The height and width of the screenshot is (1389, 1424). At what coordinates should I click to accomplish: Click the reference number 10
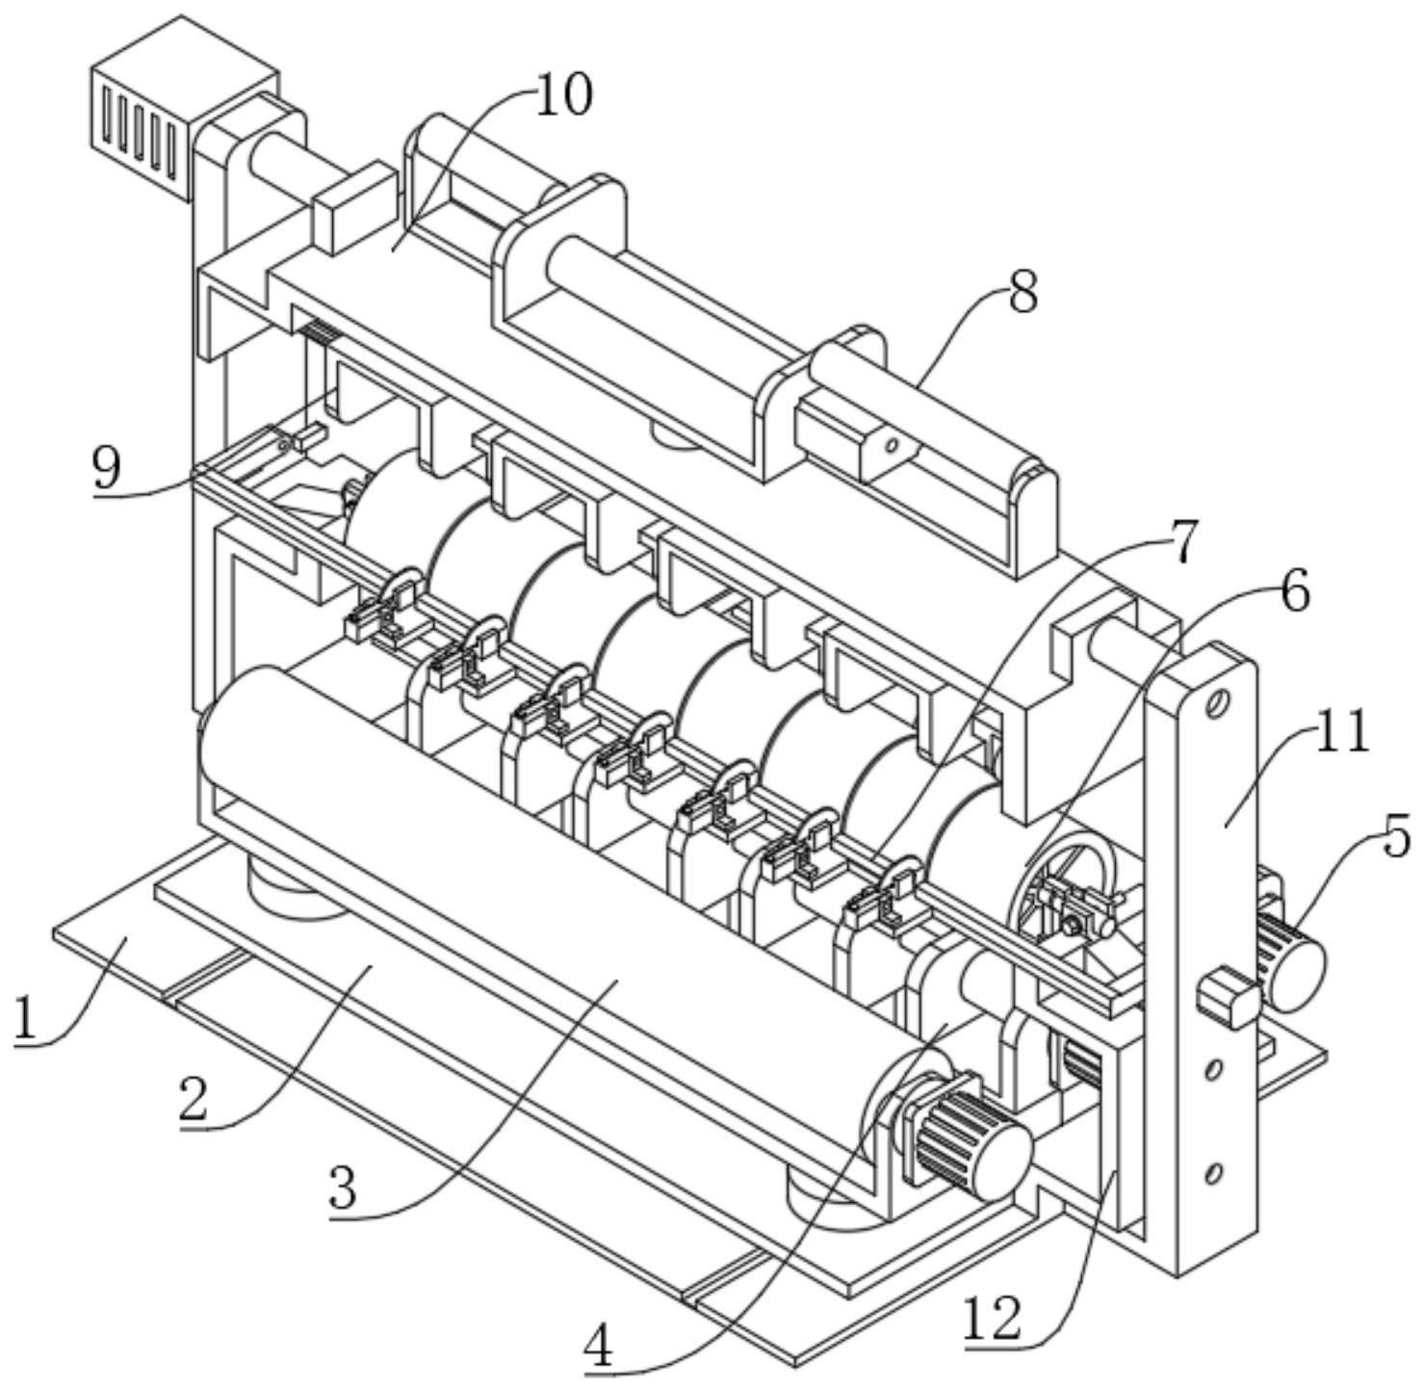(563, 95)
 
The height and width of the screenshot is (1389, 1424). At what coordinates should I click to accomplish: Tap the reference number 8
(1023, 291)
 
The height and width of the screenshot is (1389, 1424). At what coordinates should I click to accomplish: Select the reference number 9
(107, 469)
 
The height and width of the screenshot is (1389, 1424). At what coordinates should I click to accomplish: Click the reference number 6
(1295, 591)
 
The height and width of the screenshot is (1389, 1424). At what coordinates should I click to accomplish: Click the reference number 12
(993, 1319)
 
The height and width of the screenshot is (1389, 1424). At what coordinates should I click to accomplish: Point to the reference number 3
(342, 1188)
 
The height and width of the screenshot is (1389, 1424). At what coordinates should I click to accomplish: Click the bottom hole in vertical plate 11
(1214, 1172)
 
